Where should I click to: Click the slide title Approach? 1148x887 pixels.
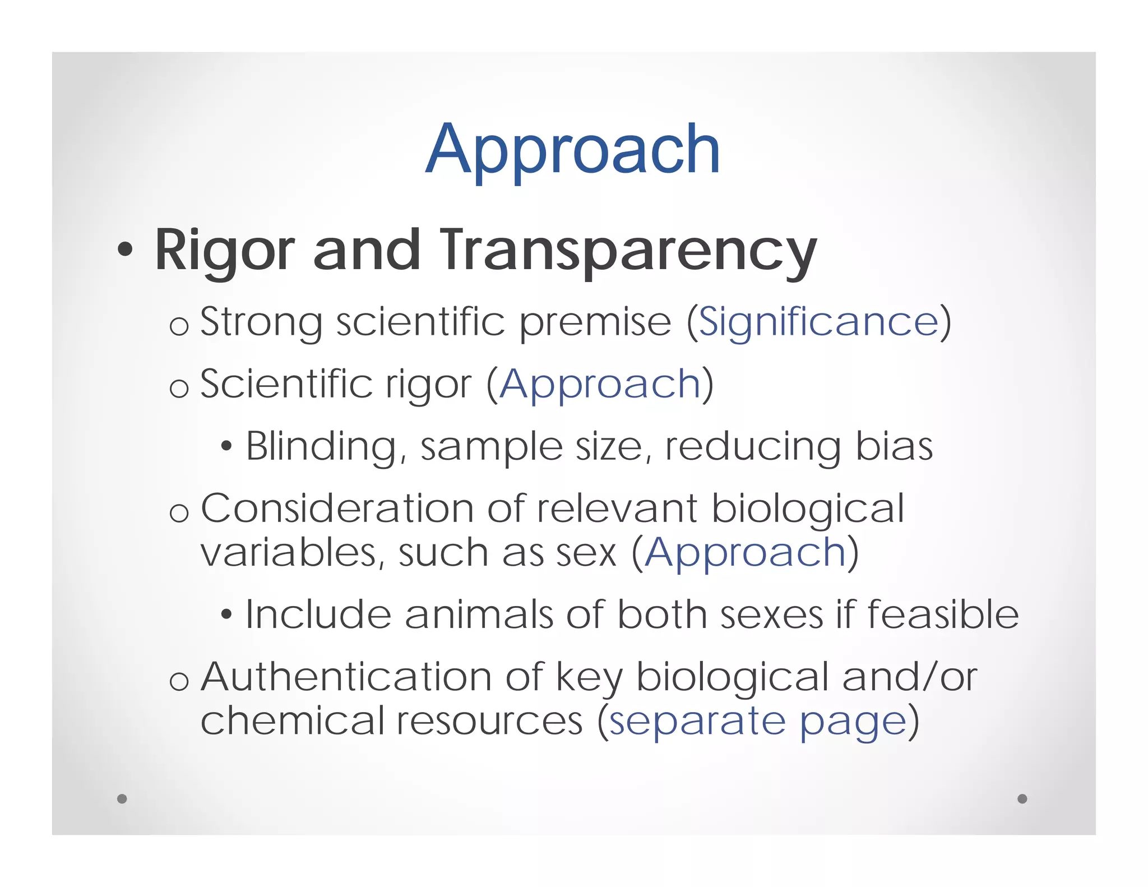[x=572, y=150]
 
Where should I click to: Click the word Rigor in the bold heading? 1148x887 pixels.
[x=224, y=250]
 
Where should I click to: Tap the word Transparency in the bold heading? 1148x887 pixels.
[x=628, y=250]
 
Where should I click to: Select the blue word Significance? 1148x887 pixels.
[x=818, y=322]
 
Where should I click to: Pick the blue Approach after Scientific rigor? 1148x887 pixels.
[x=600, y=385]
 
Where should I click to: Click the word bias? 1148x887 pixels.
[x=894, y=447]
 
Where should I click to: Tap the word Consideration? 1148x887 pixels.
[x=337, y=509]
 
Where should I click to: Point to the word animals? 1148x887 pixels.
[x=479, y=615]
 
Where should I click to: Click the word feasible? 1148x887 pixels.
[x=943, y=615]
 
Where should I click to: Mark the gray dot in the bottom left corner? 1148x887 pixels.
[x=122, y=798]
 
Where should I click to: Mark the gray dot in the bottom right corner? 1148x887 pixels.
[x=1022, y=798]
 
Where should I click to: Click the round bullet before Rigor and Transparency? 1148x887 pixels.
[x=125, y=250]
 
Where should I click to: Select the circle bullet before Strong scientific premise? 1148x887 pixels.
[x=179, y=327]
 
